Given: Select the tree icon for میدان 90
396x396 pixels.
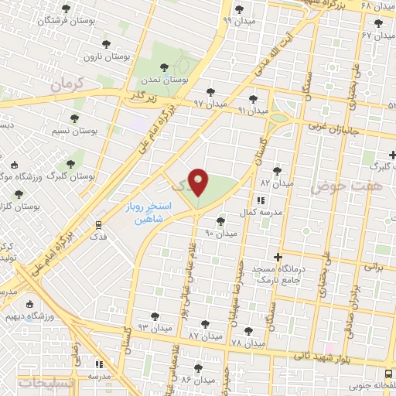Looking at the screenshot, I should coord(220,220).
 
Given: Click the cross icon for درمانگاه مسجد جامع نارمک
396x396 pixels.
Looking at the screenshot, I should coord(278,257).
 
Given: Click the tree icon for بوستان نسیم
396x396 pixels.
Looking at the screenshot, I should coord(75,118).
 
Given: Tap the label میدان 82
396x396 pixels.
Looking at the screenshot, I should coord(278,183).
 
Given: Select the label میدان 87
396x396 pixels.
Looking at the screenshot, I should coord(205,337).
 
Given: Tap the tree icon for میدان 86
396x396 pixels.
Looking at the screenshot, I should coord(198,368).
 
